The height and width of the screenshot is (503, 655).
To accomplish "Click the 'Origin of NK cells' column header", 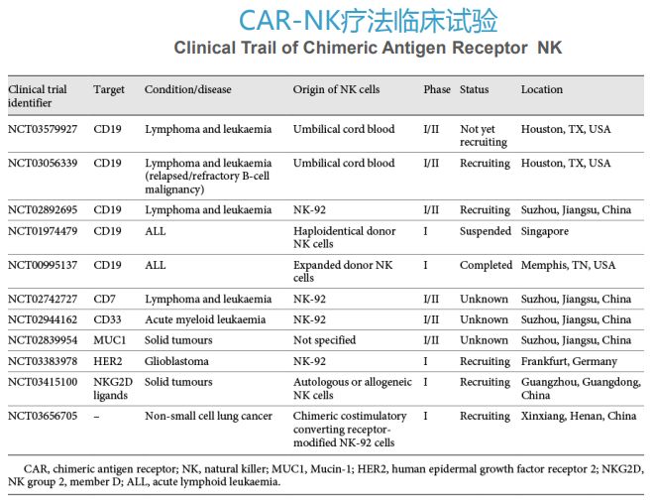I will pos(336,89).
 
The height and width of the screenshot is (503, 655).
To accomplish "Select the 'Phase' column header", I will pos(436,89).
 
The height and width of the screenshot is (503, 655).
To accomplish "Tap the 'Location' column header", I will pos(542,89).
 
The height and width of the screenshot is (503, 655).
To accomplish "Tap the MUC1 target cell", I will pos(109,340).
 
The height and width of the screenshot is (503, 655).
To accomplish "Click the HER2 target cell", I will pos(108,361).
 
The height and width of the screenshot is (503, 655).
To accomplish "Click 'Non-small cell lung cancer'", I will pos(208,416).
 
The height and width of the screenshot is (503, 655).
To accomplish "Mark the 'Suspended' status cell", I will pos(486,231).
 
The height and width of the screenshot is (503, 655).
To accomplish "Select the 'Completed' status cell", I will pos(486,265).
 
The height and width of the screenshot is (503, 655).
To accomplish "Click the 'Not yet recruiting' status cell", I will pos(484,135).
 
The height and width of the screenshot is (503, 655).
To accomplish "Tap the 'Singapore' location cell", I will pos(545,231).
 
